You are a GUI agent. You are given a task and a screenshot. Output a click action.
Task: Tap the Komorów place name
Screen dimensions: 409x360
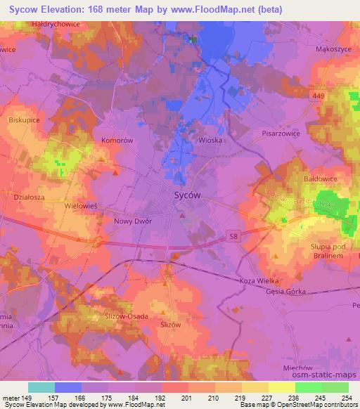117,141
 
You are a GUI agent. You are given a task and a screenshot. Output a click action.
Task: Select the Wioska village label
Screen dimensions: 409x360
210,140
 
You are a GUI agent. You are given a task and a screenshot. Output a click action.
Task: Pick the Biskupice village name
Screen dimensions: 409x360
26,119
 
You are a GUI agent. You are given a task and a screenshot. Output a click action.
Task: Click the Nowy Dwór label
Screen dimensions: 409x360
133,221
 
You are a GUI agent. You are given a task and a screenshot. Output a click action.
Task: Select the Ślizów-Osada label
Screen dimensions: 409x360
121,316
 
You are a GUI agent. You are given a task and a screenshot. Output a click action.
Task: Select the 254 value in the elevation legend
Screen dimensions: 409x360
347,398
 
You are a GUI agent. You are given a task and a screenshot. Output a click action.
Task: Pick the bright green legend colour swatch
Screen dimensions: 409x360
308,387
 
